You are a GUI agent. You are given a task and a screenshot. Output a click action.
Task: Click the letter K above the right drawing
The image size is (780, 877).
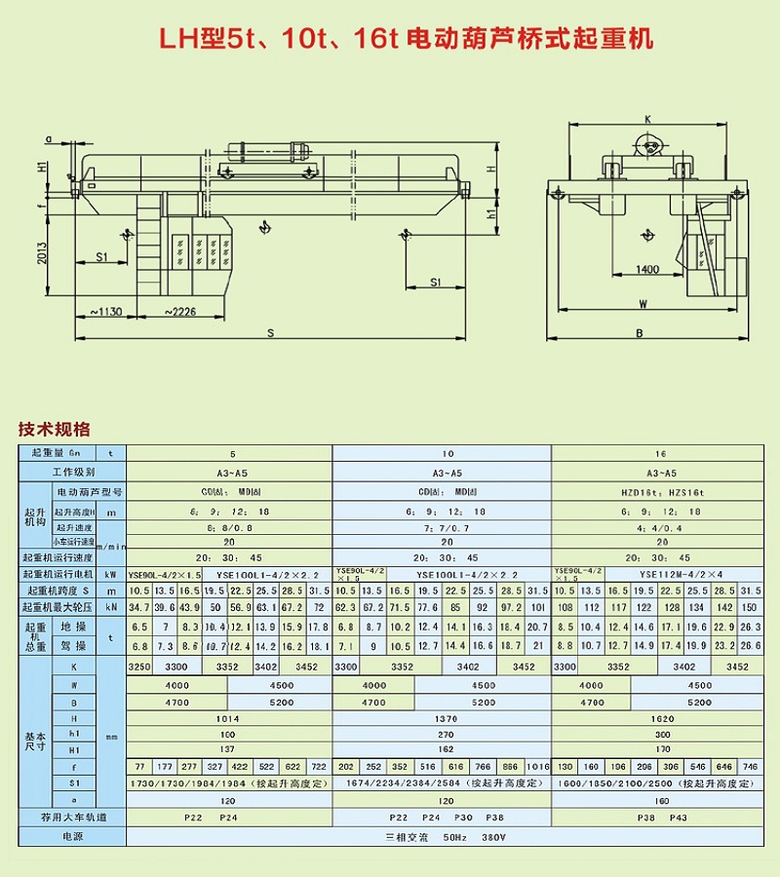(x=646, y=119)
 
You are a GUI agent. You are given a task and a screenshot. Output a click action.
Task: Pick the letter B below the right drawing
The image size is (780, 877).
(x=639, y=333)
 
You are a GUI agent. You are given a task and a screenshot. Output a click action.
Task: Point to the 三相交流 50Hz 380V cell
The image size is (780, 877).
(x=442, y=837)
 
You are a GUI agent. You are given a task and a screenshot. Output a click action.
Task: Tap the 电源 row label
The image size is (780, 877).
(x=73, y=837)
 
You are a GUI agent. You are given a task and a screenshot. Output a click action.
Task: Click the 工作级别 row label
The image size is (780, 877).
(x=72, y=472)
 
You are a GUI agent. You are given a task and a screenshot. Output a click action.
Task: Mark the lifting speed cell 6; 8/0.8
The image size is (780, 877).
(x=230, y=527)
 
